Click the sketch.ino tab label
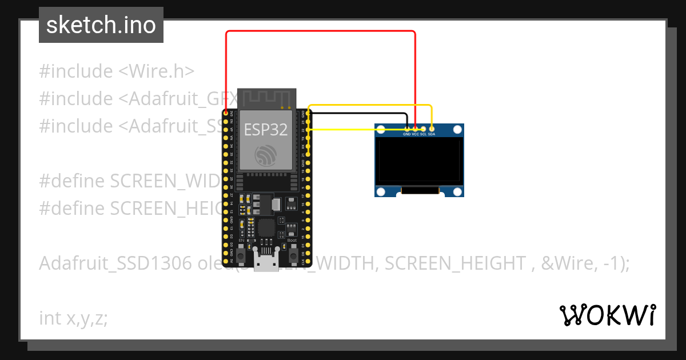tap(101, 25)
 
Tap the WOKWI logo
tap(608, 315)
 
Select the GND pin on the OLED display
tap(406, 128)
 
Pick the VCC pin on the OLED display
tap(415, 128)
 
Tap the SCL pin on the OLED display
tap(424, 128)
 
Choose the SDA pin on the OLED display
tap(432, 128)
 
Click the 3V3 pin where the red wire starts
tap(226, 113)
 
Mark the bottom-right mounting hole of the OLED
tap(457, 191)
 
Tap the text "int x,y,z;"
tap(73, 318)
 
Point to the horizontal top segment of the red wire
tap(320, 31)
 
